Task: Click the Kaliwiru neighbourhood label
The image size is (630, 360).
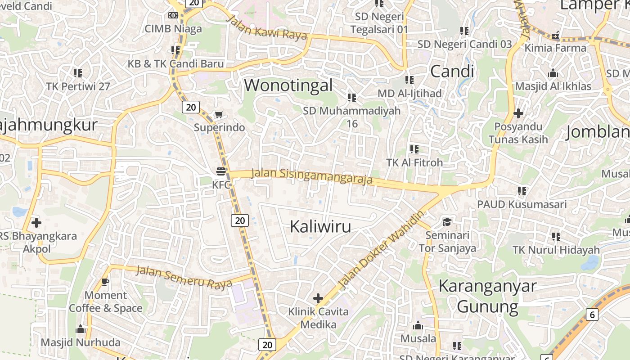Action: [320, 226]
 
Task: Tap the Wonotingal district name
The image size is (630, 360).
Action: [288, 85]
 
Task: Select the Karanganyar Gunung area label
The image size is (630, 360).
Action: [487, 296]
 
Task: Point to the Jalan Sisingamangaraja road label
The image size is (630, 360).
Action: [312, 176]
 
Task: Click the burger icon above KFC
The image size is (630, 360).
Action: [220, 171]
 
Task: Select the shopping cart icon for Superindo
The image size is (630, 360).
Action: [219, 114]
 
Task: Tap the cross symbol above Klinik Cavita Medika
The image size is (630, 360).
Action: [318, 298]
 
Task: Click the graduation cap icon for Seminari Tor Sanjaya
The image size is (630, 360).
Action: [447, 222]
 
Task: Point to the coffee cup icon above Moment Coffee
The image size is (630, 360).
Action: [105, 282]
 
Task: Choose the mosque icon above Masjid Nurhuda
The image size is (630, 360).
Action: [81, 329]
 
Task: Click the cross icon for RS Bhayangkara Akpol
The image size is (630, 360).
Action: [36, 222]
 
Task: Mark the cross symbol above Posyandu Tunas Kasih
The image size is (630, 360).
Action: [518, 113]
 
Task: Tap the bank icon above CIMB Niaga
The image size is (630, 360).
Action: [173, 15]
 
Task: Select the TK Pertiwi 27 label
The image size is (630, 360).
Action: [78, 86]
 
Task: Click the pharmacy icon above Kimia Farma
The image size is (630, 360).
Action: [555, 35]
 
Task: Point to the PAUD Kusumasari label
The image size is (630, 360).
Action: [522, 204]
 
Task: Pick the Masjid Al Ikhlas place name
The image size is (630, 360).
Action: [553, 86]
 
